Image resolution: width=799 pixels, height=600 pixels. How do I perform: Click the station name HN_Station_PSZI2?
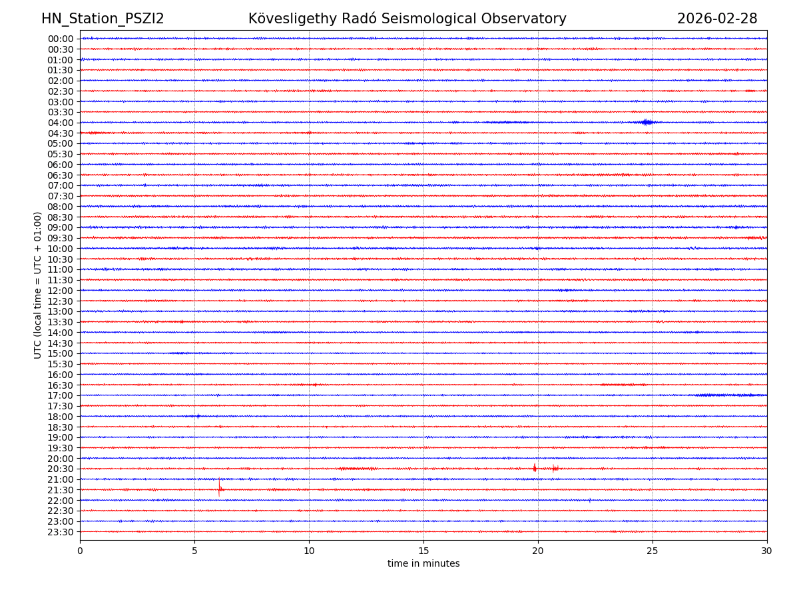point(103,19)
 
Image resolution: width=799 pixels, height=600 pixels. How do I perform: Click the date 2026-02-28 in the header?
point(717,19)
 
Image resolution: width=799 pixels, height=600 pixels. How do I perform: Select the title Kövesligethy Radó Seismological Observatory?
point(407,19)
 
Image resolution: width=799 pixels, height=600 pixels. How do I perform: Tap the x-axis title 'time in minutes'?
point(423,564)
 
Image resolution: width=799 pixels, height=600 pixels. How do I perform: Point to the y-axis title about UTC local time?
point(38,285)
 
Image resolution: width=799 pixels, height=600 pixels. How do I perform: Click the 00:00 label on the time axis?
point(61,39)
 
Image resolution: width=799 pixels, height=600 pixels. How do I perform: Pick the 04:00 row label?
point(61,123)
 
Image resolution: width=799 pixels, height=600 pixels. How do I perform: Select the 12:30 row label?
point(61,301)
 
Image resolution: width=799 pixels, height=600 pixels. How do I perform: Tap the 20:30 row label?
point(61,469)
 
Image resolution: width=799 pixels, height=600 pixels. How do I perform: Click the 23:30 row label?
point(61,532)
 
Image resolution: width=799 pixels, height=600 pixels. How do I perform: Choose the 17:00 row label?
point(61,395)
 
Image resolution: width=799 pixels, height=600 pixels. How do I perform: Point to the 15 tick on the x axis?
point(423,551)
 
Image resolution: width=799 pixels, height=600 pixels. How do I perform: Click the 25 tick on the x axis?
point(653,551)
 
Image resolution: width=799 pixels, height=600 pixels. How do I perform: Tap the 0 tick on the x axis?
point(80,551)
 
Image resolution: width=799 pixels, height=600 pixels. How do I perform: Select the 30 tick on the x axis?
point(767,551)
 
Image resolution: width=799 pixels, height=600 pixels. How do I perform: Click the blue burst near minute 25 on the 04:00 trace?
point(645,122)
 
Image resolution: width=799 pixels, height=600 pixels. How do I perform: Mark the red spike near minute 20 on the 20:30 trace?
point(535,468)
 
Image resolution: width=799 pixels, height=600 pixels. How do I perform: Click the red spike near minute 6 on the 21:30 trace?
point(219,488)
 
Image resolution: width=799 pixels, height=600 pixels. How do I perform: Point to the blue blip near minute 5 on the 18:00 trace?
point(198,416)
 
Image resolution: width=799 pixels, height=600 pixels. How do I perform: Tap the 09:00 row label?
point(61,227)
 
